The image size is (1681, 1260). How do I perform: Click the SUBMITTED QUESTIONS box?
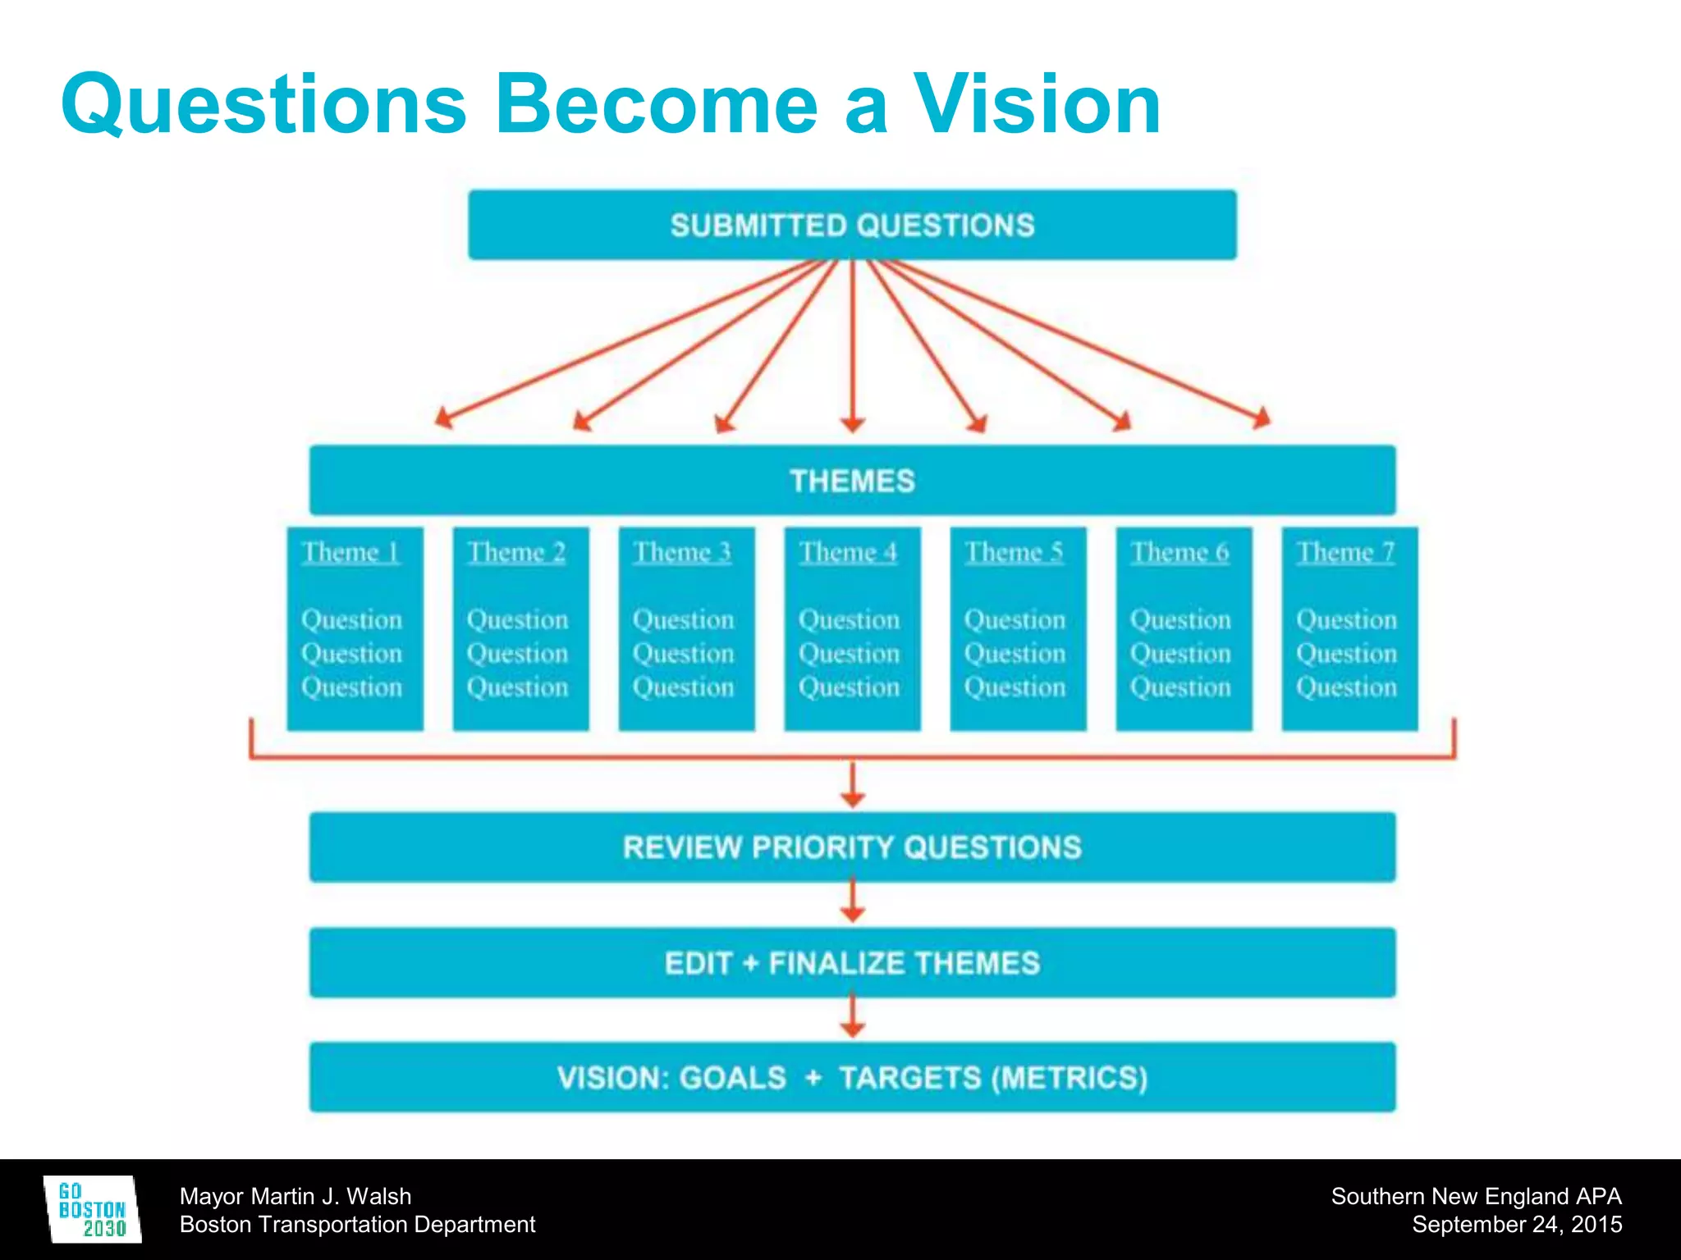[x=852, y=226]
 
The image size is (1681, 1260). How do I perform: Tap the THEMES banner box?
[x=852, y=481]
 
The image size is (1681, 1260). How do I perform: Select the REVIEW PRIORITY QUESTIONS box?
[x=852, y=847]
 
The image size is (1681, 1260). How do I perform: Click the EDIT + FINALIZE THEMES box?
[x=852, y=963]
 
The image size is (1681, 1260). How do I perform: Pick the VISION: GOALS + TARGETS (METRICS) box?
[x=852, y=1078]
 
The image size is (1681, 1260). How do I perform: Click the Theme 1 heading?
[x=351, y=552]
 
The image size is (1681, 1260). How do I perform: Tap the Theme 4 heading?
[x=849, y=552]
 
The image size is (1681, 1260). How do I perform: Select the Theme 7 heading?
[x=1346, y=552]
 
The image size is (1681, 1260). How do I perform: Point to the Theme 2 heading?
[x=517, y=552]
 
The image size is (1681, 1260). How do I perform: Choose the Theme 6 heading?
[x=1180, y=552]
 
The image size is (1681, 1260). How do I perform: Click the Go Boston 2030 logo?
[x=92, y=1210]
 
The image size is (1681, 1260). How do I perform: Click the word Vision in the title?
[x=1037, y=105]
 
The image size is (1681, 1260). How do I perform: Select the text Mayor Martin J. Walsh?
[x=295, y=1196]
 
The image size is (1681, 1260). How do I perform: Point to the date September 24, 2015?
[x=1517, y=1225]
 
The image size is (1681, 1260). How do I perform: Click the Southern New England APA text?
[x=1476, y=1196]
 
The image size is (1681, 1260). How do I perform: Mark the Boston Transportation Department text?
[x=357, y=1225]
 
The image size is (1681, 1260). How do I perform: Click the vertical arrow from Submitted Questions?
[x=853, y=345]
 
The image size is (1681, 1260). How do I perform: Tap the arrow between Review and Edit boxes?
[x=853, y=902]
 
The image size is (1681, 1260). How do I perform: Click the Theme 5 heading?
[x=1015, y=552]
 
